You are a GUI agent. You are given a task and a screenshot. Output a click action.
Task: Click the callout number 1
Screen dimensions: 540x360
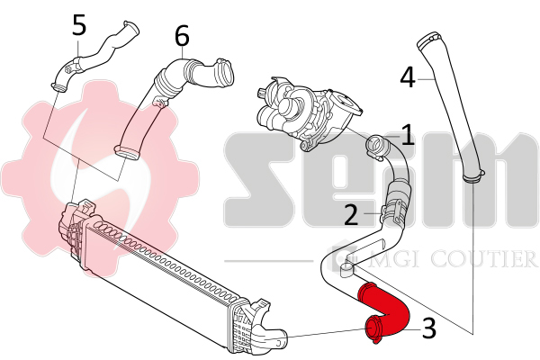408,135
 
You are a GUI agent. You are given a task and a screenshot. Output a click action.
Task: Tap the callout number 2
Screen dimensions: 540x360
351,215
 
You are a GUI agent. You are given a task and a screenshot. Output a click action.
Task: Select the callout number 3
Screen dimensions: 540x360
429,328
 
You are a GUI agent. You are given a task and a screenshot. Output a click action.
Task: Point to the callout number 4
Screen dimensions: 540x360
408,77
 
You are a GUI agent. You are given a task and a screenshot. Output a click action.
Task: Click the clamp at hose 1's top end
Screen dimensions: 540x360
377,148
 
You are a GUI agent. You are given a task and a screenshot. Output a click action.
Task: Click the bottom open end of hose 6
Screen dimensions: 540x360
126,152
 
